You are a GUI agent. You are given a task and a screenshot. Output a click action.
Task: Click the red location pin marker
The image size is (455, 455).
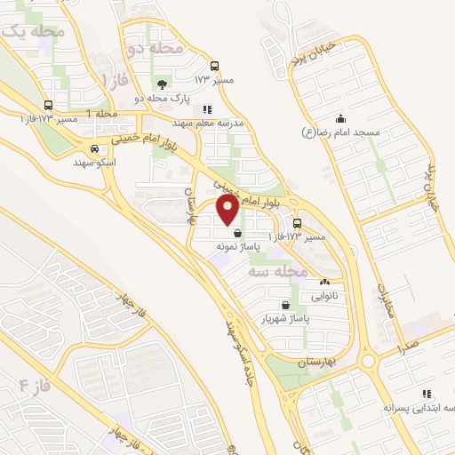tap(228, 211)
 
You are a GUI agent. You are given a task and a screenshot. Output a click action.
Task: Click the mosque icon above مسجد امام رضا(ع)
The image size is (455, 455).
tap(339, 118)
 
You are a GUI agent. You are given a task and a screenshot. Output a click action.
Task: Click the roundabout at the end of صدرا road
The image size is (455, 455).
tap(367, 361)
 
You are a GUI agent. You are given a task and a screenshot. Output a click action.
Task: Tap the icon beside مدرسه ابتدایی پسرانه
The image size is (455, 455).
tap(427, 394)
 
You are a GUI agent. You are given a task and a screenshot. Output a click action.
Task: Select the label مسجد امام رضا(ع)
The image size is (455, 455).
tap(340, 132)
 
